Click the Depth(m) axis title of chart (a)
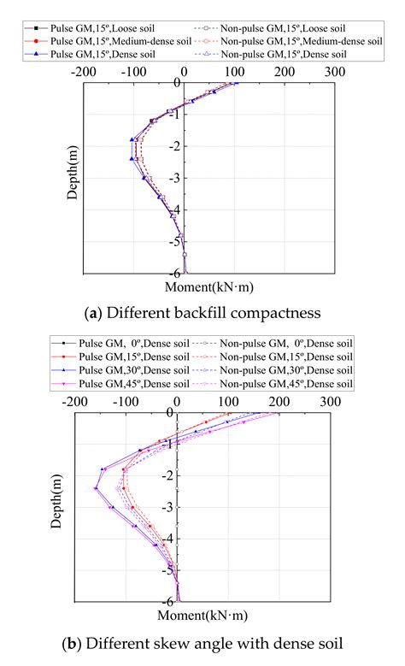[x=74, y=171]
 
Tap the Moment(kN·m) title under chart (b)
[x=204, y=616]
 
